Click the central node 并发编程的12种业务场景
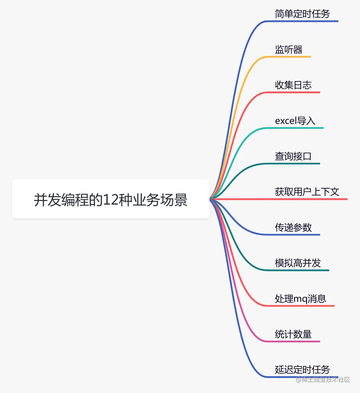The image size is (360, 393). pyautogui.click(x=111, y=200)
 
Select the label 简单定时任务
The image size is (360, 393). pyautogui.click(x=302, y=14)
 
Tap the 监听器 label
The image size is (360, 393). pyautogui.click(x=289, y=50)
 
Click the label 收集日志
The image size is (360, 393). pyautogui.click(x=293, y=85)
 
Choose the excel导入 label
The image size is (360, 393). pyautogui.click(x=295, y=121)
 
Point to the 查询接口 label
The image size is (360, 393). pyautogui.click(x=293, y=156)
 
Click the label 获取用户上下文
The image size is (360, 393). pyautogui.click(x=307, y=192)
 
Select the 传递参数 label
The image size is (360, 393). pyautogui.click(x=293, y=228)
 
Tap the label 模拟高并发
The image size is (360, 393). pyautogui.click(x=298, y=263)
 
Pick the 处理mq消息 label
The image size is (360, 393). pyautogui.click(x=301, y=299)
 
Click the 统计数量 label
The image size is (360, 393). pyautogui.click(x=293, y=334)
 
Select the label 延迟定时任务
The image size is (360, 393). pyautogui.click(x=302, y=369)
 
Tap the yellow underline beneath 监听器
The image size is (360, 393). pyautogui.click(x=290, y=57)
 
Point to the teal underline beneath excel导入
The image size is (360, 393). pyautogui.click(x=297, y=128)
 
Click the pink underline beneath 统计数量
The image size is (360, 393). pyautogui.click(x=294, y=341)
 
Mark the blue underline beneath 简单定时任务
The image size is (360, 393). pyautogui.click(x=304, y=21)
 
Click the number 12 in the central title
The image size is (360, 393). pyautogui.click(x=111, y=200)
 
